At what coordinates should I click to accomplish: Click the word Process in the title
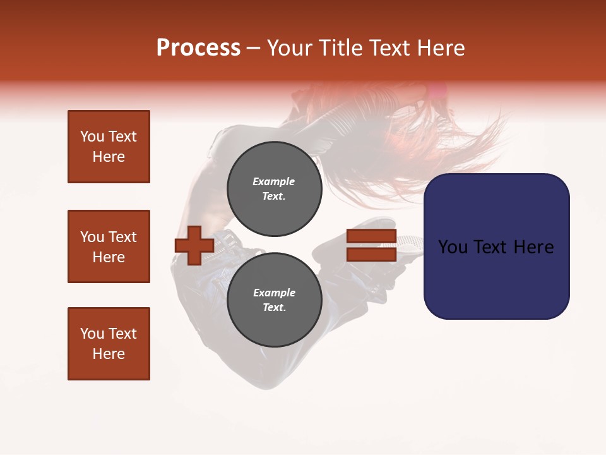(x=198, y=48)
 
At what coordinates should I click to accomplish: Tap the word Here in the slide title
(x=437, y=48)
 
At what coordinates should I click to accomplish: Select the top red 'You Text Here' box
(x=109, y=147)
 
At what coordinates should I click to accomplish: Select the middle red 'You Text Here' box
(x=109, y=246)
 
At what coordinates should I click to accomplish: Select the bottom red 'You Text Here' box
(x=109, y=344)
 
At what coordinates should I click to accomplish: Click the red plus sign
(x=194, y=246)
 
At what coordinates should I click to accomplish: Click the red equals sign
(x=371, y=246)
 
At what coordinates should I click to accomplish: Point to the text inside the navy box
(x=496, y=247)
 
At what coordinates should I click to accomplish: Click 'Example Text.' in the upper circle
(x=274, y=189)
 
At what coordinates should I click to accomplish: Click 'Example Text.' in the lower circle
(x=274, y=300)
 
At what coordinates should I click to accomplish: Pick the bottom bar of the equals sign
(x=371, y=255)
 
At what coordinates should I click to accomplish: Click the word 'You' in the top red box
(x=92, y=136)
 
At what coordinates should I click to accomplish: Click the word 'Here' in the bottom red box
(x=109, y=354)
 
